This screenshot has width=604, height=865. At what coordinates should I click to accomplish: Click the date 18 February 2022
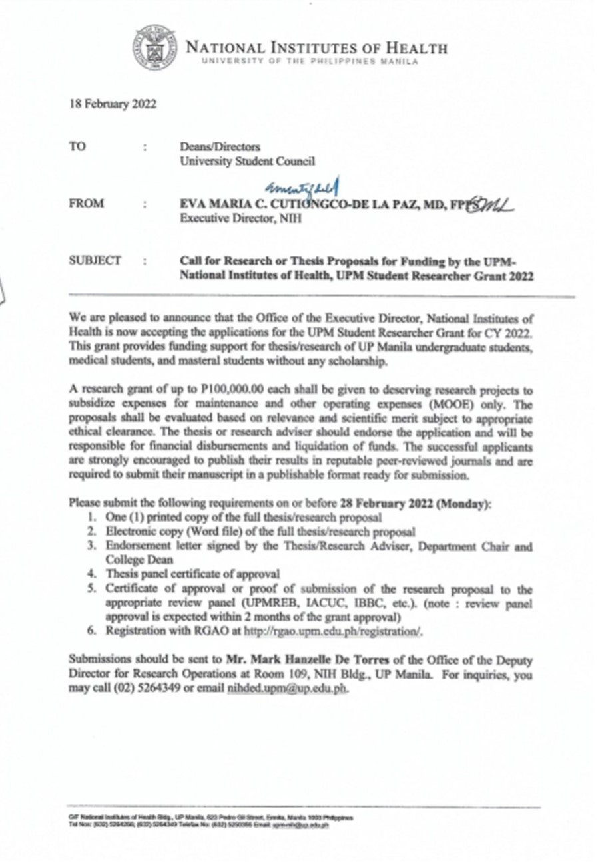(x=113, y=104)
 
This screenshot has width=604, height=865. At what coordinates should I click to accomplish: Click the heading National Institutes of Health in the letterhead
(x=316, y=48)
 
